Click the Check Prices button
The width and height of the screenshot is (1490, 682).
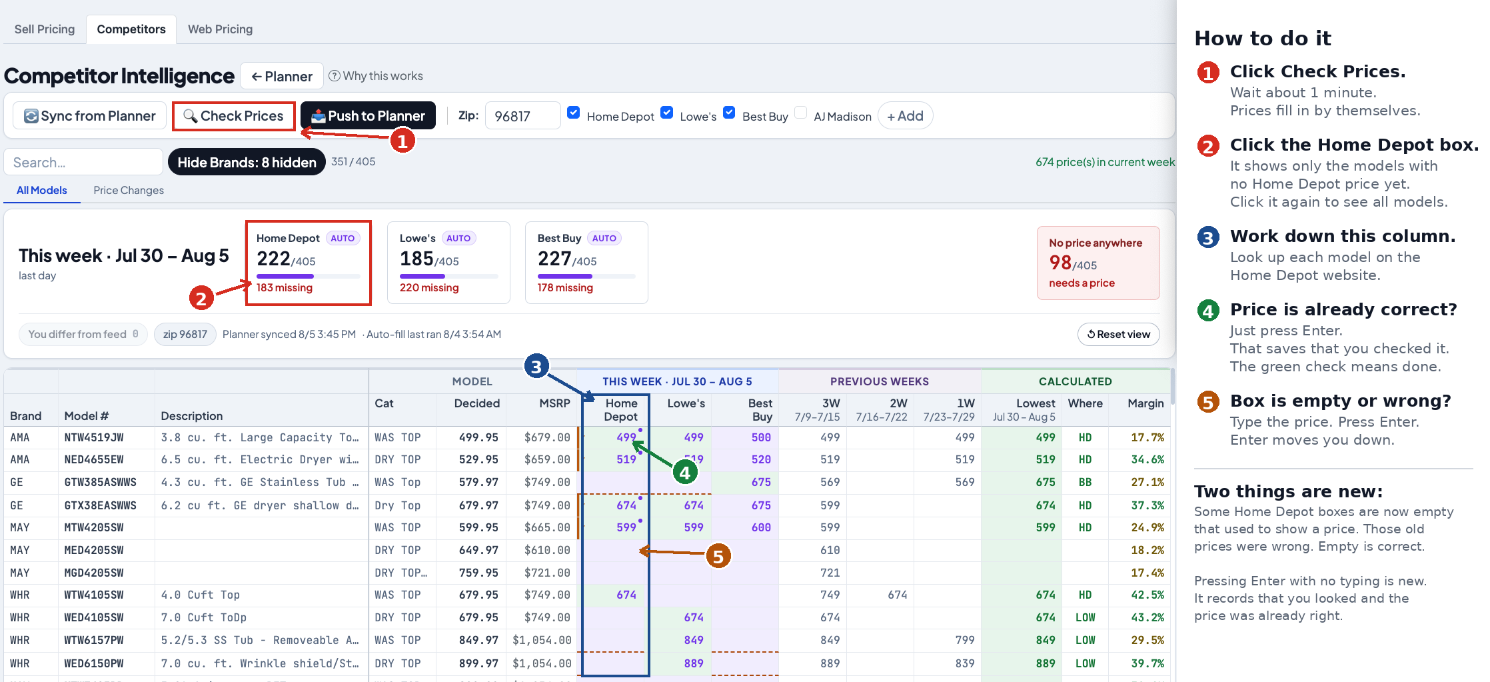pos(234,116)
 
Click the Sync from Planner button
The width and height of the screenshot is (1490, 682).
pos(90,116)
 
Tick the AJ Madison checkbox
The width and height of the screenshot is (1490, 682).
pos(801,113)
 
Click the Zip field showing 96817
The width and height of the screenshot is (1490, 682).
pos(522,116)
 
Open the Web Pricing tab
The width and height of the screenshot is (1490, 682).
pos(220,29)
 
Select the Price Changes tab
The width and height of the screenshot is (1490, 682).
pos(129,190)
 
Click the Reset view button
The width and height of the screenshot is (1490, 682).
pos(1118,334)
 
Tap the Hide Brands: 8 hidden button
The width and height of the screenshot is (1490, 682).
pos(247,162)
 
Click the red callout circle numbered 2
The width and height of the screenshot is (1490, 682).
pos(201,298)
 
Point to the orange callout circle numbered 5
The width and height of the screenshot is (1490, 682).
pos(718,556)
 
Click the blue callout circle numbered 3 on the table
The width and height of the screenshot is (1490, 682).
pos(536,366)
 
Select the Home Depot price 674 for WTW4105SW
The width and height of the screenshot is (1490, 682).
pos(626,595)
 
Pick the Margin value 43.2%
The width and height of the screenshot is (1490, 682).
pos(1147,617)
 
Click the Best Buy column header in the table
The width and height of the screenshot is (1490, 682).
pos(760,409)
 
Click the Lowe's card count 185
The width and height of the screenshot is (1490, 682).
pos(416,258)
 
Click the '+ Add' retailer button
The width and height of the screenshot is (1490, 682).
pos(905,116)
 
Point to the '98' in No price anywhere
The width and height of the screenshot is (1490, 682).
pos(1060,263)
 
